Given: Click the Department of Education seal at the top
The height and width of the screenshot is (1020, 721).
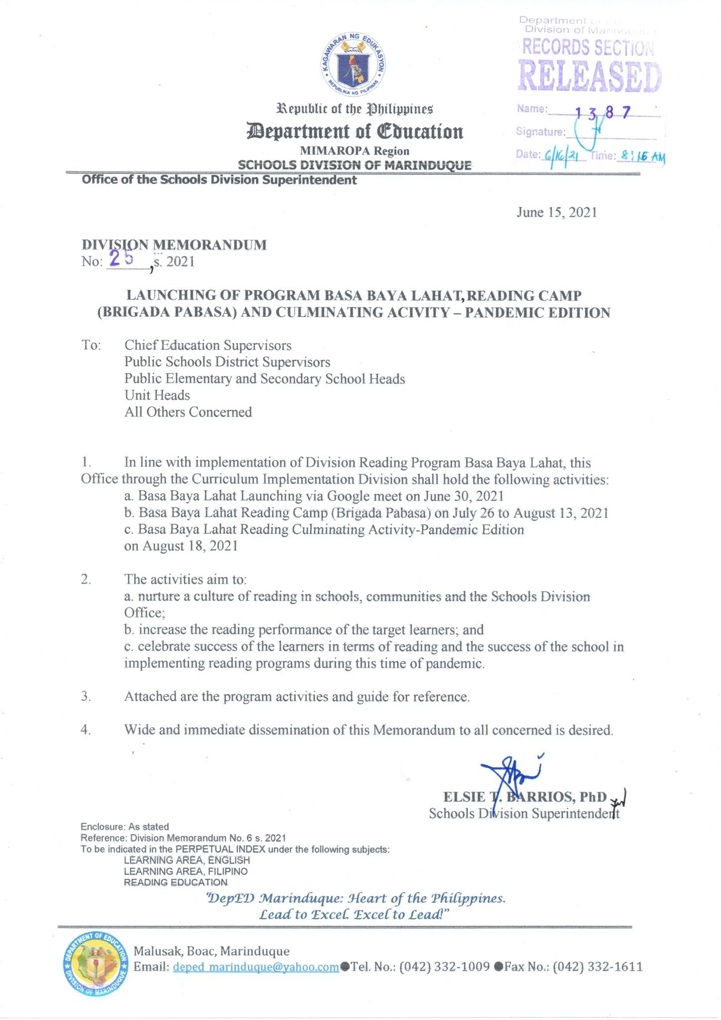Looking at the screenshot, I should click(353, 64).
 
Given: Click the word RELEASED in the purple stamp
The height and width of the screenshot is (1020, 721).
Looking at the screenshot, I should click(590, 77).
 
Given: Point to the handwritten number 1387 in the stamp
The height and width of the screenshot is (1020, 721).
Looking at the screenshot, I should click(603, 113).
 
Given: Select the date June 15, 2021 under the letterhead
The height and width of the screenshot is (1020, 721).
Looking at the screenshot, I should click(556, 212).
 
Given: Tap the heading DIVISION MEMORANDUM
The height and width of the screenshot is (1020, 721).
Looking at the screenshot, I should click(174, 245).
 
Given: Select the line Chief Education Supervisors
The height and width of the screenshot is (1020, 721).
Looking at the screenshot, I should click(208, 345).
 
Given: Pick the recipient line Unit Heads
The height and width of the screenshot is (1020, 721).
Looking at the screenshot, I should click(157, 395).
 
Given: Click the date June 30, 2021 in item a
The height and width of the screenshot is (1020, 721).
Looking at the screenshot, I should click(464, 496).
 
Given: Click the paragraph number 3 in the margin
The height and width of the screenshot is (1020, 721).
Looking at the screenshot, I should click(86, 696).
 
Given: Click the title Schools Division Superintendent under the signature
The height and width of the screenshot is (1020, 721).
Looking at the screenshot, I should click(524, 813).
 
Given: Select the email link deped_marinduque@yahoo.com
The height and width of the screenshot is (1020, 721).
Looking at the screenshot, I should click(255, 967).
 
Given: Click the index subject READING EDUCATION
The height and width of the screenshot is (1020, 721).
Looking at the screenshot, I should click(175, 882).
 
